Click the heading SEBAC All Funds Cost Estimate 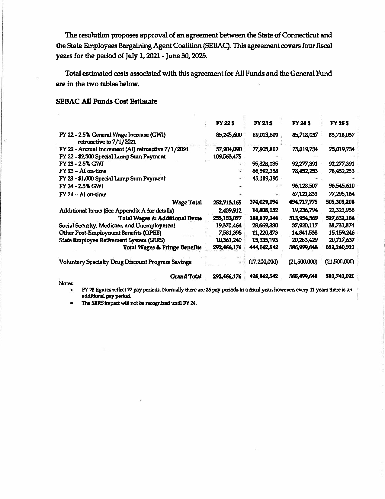(x=107, y=102)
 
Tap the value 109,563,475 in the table (x=227, y=156)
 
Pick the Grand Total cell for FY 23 (x=264, y=276)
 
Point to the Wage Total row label (x=187, y=202)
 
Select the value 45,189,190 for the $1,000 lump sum (x=265, y=178)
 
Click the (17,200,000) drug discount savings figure (x=263, y=262)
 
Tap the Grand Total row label (x=186, y=276)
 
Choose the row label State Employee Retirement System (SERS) (x=112, y=240)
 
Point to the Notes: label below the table (x=66, y=283)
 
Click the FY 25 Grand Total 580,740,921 (x=340, y=276)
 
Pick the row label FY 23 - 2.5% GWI (x=82, y=164)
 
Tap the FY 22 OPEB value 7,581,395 (x=230, y=233)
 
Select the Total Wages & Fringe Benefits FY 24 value (x=303, y=247)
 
